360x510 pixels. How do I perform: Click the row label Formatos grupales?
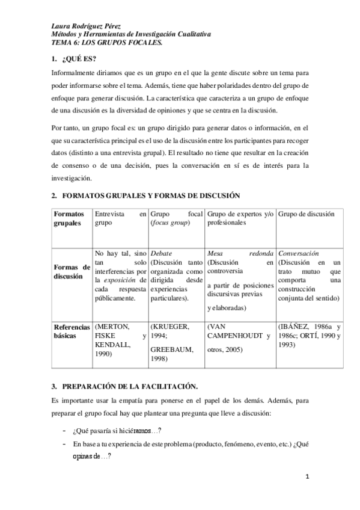point(70,218)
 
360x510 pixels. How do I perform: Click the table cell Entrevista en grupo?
point(120,218)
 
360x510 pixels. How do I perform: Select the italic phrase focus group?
point(169,223)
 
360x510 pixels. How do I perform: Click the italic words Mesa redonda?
point(240,253)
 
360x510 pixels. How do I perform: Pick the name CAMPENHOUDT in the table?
point(234,335)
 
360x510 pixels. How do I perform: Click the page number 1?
point(307,476)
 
